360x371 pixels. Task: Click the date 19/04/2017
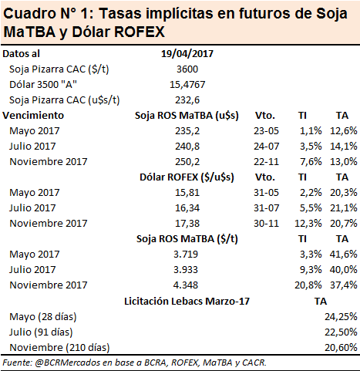click(x=187, y=54)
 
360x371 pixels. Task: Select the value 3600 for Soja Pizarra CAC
click(x=187, y=69)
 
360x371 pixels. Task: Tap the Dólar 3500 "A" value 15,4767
click(x=187, y=85)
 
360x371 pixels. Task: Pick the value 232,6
click(x=187, y=100)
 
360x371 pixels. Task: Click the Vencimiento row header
click(x=33, y=115)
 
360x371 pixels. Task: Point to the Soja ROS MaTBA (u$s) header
click(x=187, y=116)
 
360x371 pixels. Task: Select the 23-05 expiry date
click(x=266, y=131)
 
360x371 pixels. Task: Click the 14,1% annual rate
click(x=344, y=147)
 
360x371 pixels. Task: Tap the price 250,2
click(x=187, y=162)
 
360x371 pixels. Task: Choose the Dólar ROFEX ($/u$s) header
click(x=187, y=177)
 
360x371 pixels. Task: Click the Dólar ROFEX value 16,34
click(x=187, y=208)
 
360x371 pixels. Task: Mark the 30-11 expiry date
click(x=266, y=224)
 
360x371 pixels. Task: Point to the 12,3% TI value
click(x=308, y=224)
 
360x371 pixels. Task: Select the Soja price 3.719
click(x=186, y=255)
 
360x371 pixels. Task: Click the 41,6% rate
click(x=344, y=255)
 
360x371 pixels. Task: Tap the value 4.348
click(x=186, y=285)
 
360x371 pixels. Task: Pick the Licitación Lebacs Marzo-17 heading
click(x=187, y=301)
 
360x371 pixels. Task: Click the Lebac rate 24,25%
click(x=341, y=316)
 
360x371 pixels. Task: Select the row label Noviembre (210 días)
click(x=59, y=347)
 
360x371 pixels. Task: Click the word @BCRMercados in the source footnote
click(x=67, y=363)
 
